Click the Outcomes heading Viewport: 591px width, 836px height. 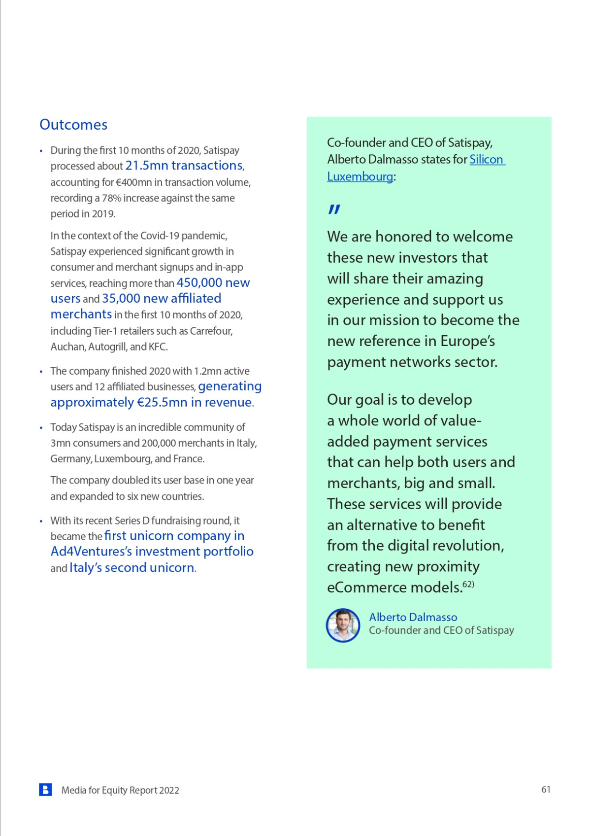coord(73,125)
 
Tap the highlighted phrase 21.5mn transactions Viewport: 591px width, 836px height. coord(184,166)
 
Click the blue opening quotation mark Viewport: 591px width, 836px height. coord(334,209)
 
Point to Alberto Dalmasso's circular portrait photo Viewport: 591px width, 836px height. coord(343,625)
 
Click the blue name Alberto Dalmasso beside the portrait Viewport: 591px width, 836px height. coord(413,617)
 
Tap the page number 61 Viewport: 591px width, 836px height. coord(546,790)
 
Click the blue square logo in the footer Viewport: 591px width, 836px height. coord(45,790)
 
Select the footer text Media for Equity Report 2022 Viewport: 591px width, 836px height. coord(120,790)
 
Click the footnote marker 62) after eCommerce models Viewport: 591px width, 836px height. coord(468,585)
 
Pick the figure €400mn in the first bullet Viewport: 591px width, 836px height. coord(133,182)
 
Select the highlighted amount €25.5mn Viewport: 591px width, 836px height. coord(162,402)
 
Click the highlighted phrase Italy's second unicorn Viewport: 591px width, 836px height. coord(131,568)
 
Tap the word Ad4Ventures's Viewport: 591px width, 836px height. coord(92,552)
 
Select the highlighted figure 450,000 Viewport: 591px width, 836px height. coord(199,283)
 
